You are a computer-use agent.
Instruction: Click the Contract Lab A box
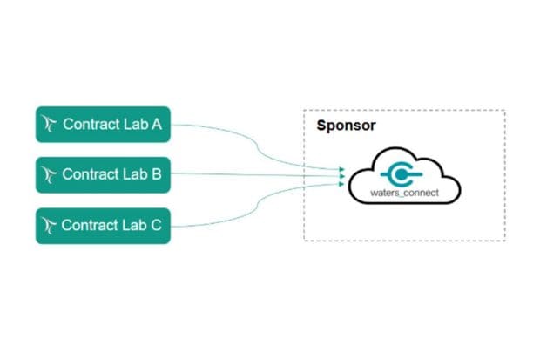(103, 124)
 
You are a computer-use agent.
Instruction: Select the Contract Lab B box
(103, 174)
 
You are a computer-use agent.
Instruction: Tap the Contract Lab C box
(103, 225)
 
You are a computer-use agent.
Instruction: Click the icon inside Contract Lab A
(50, 124)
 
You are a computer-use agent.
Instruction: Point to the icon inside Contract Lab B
(50, 174)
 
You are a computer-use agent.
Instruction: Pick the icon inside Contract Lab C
(50, 225)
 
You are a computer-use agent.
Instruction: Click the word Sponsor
(346, 126)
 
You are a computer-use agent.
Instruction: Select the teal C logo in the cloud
(402, 171)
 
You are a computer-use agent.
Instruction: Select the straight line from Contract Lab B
(253, 174)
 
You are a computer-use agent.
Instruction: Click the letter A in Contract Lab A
(157, 124)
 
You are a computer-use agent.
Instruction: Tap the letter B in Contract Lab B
(157, 174)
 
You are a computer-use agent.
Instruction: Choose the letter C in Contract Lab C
(157, 225)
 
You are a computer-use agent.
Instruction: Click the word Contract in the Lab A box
(91, 124)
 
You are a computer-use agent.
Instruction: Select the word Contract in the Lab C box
(91, 225)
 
